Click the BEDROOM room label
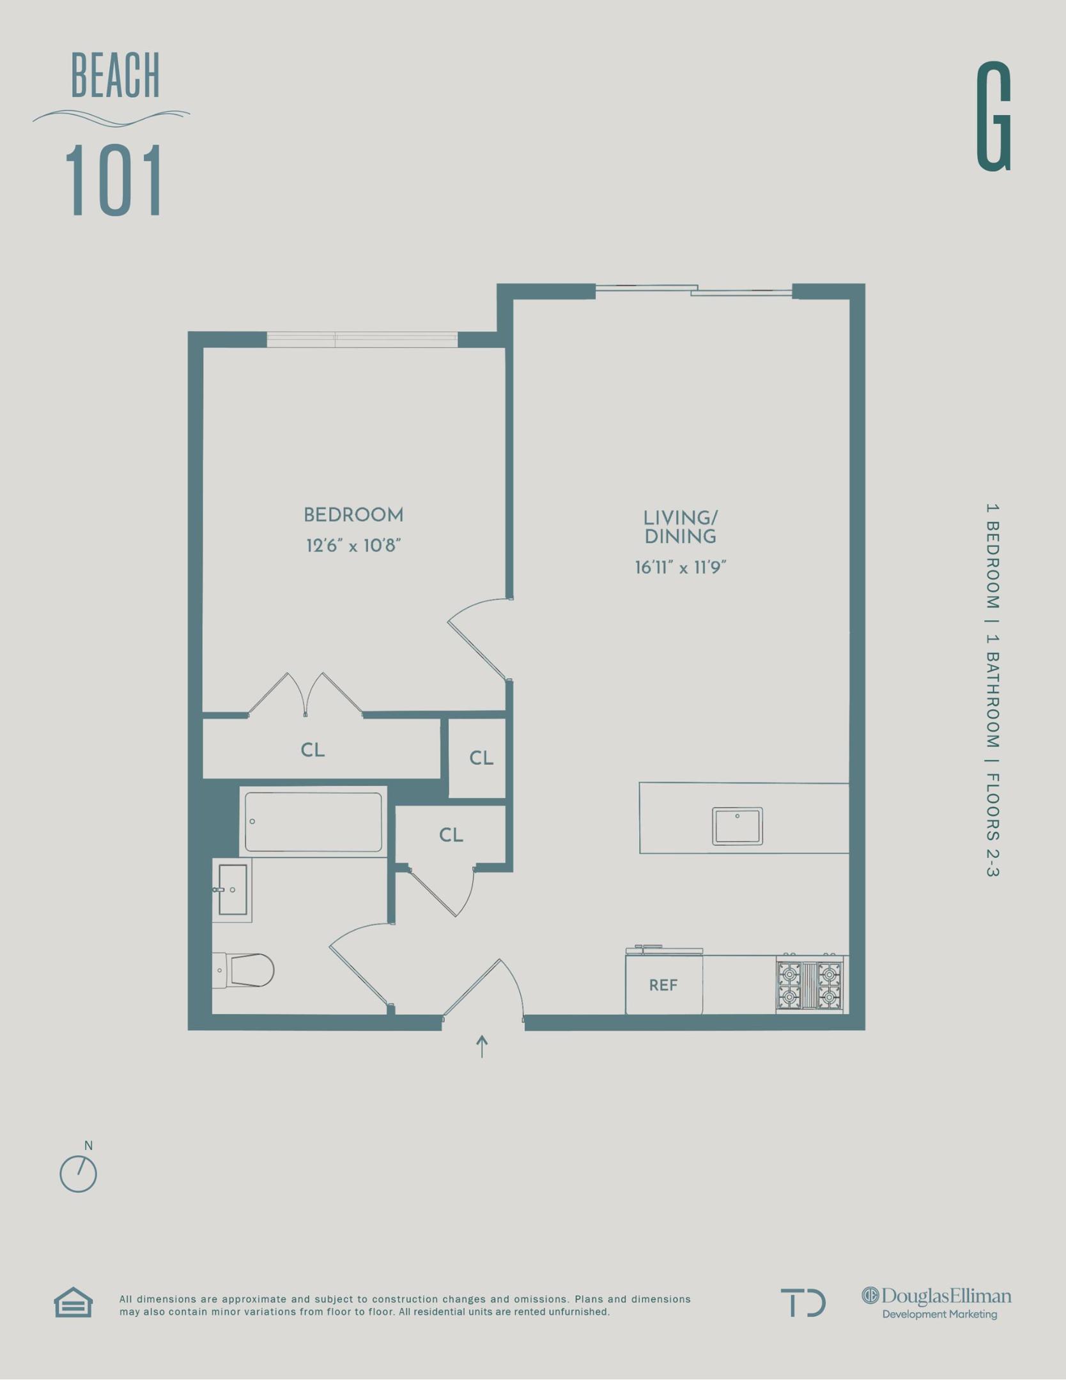tap(353, 515)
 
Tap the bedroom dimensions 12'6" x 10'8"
tap(353, 546)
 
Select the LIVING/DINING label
tap(680, 527)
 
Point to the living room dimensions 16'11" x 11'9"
tap(680, 567)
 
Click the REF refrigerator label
tap(663, 985)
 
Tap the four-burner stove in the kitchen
tap(810, 985)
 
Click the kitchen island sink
tap(738, 825)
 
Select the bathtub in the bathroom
tap(313, 822)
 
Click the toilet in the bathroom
tap(246, 970)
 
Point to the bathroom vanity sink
tap(232, 889)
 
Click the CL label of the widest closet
tap(313, 750)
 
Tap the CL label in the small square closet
tap(481, 758)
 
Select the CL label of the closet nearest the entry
tap(451, 835)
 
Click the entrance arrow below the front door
tap(482, 1046)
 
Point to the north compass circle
tap(78, 1174)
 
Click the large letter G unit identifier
tap(994, 116)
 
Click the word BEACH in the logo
tap(115, 76)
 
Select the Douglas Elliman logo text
tap(938, 1296)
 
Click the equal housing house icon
tap(73, 1303)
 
